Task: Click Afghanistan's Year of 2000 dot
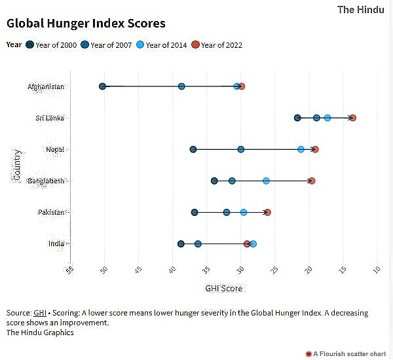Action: (102, 86)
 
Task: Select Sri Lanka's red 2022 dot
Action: (353, 118)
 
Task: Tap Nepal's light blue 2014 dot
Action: (301, 149)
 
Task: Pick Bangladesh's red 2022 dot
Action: (312, 181)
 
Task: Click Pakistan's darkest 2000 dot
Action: (195, 212)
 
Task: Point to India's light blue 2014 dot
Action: (253, 243)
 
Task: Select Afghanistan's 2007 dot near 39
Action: (181, 86)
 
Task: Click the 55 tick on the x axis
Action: (71, 269)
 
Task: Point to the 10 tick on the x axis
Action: (377, 269)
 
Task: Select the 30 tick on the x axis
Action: (241, 269)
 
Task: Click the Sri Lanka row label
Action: (49, 118)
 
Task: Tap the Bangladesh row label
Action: (46, 181)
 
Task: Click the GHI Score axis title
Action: (223, 288)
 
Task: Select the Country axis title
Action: (17, 165)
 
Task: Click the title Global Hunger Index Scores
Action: (86, 24)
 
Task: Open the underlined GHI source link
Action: (40, 313)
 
